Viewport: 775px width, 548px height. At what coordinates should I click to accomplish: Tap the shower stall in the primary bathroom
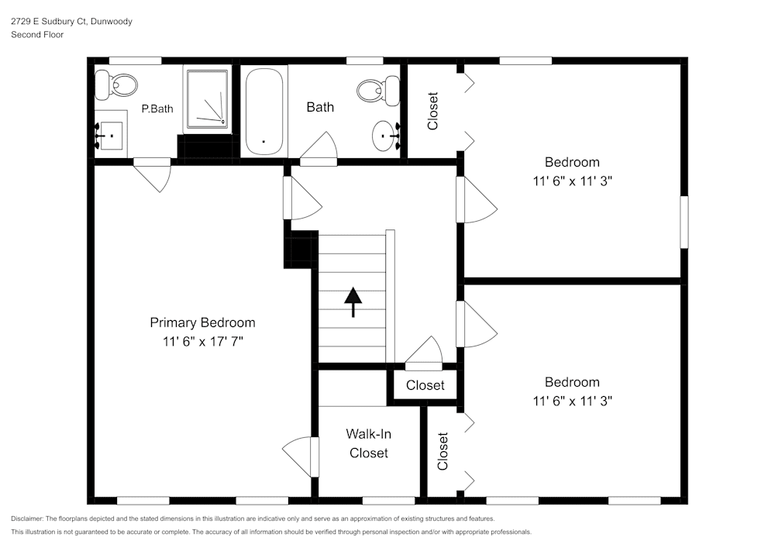(x=207, y=98)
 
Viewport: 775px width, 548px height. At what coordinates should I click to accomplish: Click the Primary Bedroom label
(x=202, y=323)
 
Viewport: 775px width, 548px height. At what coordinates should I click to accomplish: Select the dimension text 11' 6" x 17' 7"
(x=202, y=342)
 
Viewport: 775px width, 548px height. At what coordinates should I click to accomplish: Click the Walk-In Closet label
(x=368, y=443)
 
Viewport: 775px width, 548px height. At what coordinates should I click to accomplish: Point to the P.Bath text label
(x=157, y=109)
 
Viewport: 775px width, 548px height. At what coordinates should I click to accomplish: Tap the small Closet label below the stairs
(x=425, y=385)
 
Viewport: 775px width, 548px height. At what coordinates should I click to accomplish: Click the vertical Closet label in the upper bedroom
(x=433, y=111)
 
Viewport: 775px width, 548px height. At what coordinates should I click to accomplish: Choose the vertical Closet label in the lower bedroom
(x=443, y=451)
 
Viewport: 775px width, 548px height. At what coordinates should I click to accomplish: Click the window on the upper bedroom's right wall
(x=684, y=222)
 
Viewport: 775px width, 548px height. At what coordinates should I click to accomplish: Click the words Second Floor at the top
(x=37, y=35)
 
